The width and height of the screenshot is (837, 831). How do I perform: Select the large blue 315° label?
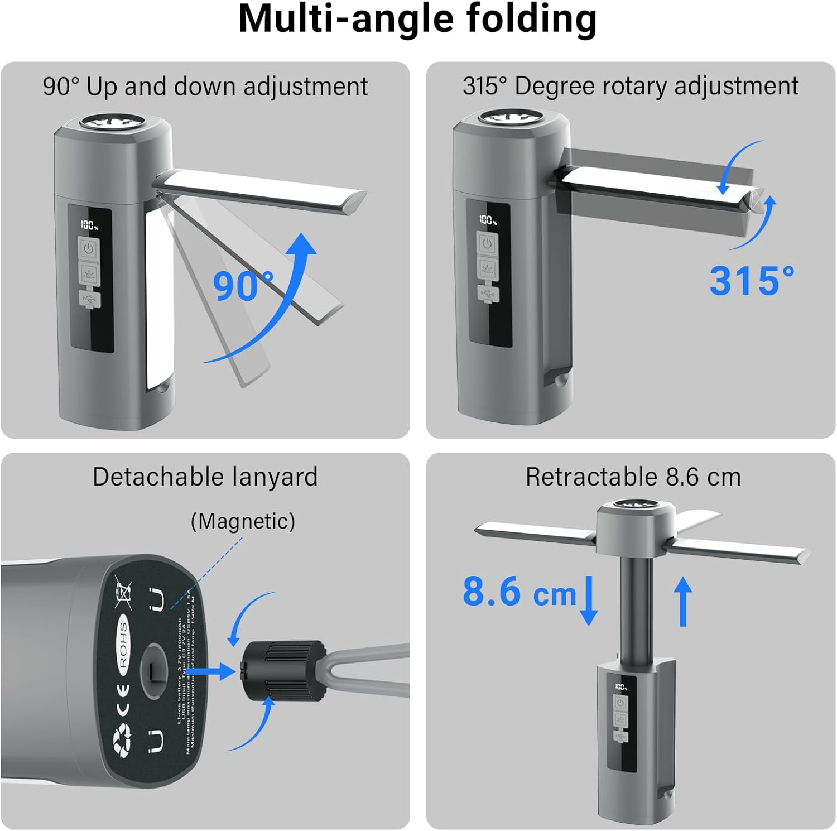click(x=752, y=280)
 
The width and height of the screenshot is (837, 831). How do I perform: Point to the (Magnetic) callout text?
click(x=243, y=521)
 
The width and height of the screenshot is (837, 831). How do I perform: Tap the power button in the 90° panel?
click(x=89, y=247)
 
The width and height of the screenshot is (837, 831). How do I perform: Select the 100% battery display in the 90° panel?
click(x=89, y=225)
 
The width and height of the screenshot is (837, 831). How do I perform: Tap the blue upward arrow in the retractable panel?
click(x=682, y=601)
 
